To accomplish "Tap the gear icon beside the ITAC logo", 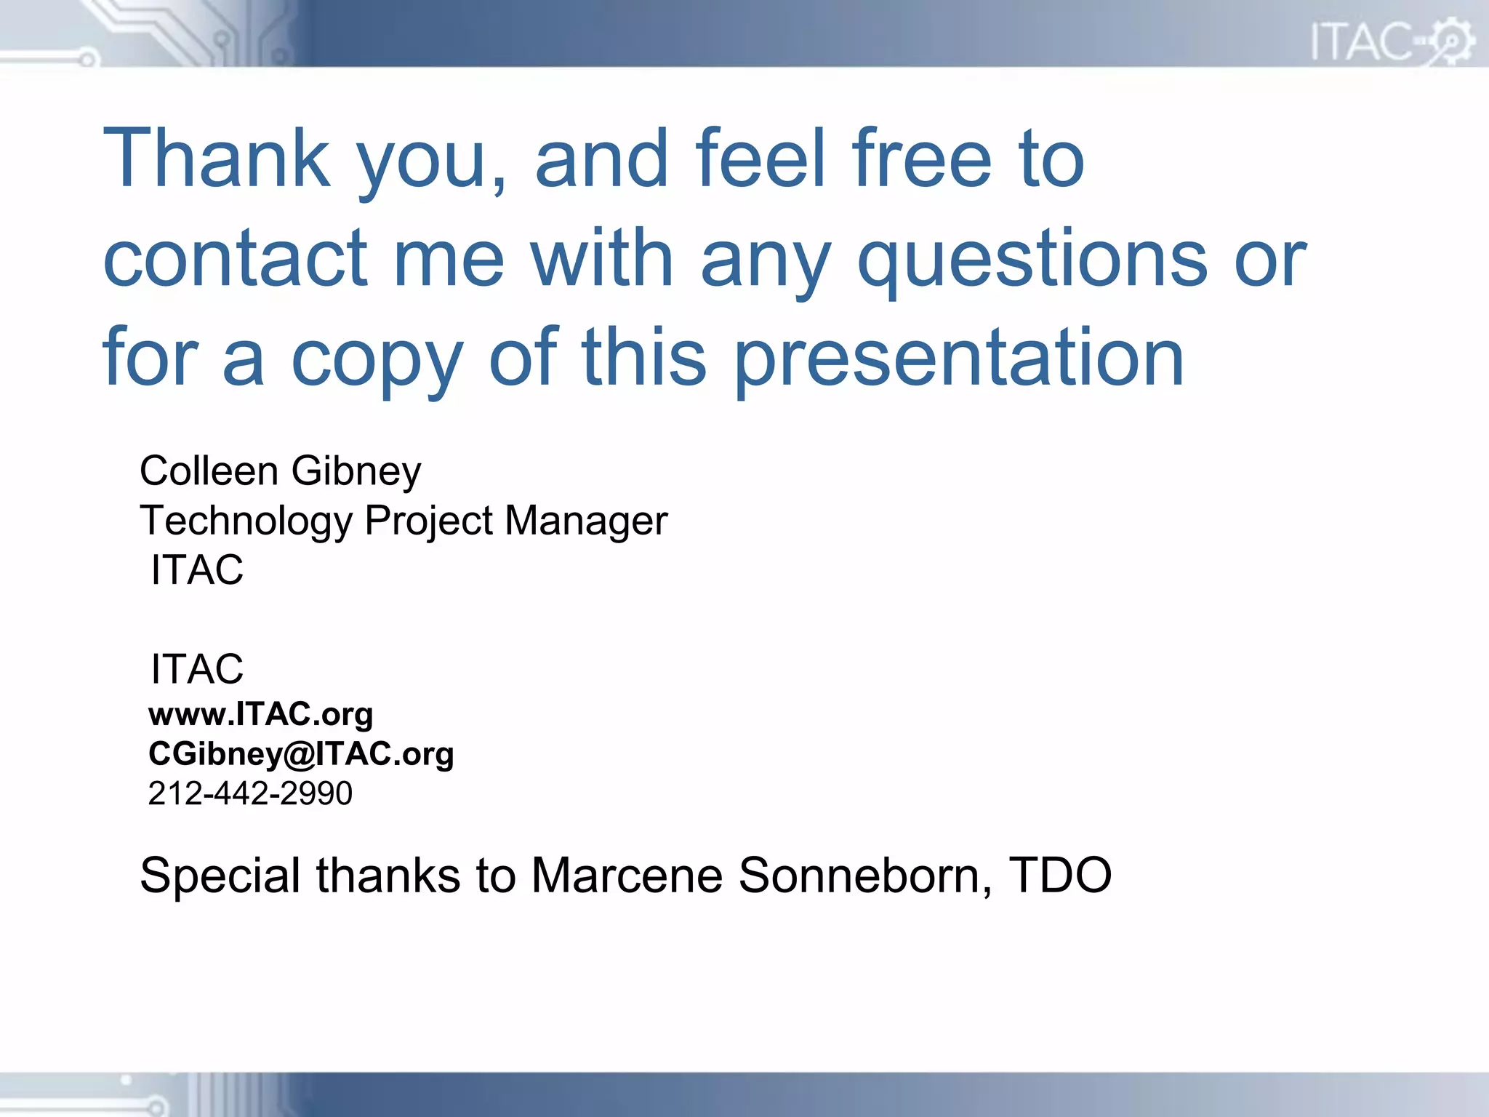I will pyautogui.click(x=1451, y=41).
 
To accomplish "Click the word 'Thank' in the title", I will pyautogui.click(x=217, y=158).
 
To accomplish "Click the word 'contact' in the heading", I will pyautogui.click(x=236, y=257).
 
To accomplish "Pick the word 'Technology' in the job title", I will pyautogui.click(x=246, y=521).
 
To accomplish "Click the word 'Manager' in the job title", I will pyautogui.click(x=585, y=521).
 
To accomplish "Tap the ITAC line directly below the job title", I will pyautogui.click(x=197, y=569).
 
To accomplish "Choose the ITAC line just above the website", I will pyautogui.click(x=197, y=669).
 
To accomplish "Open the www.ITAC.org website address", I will pyautogui.click(x=260, y=715).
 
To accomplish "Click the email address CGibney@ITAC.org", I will pyautogui.click(x=301, y=754).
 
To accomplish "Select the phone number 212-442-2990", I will pyautogui.click(x=250, y=793).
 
